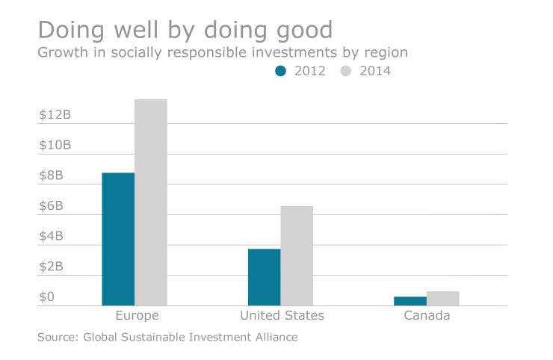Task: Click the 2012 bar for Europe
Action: (x=118, y=239)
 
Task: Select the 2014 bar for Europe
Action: (x=151, y=202)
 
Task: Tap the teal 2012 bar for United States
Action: (x=264, y=277)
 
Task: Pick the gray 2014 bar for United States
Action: (x=297, y=255)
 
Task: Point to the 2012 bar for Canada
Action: (x=410, y=301)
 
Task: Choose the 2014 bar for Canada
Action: (x=443, y=298)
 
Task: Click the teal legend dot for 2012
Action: (x=281, y=72)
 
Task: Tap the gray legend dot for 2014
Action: (x=346, y=72)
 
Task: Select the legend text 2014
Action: (x=375, y=72)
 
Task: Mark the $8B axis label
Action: (x=52, y=176)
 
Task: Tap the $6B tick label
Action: (x=52, y=206)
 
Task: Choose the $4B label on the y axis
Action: (x=52, y=237)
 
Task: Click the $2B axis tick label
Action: (x=52, y=267)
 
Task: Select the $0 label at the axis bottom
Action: (x=47, y=297)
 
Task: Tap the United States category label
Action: (x=282, y=316)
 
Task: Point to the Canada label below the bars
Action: (x=427, y=316)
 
